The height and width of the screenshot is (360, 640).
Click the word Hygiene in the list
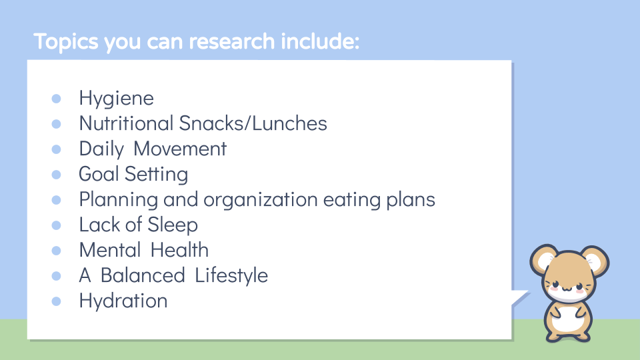[116, 99]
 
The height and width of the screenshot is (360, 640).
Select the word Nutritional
[125, 123]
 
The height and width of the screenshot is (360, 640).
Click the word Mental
[109, 250]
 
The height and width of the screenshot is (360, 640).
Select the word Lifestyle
[231, 275]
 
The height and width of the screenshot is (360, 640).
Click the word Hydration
[123, 301]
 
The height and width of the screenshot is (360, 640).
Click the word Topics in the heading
[65, 41]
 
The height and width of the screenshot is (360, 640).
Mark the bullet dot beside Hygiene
[56, 99]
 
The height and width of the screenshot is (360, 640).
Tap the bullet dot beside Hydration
[56, 301]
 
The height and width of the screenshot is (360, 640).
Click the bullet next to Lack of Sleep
[56, 225]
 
